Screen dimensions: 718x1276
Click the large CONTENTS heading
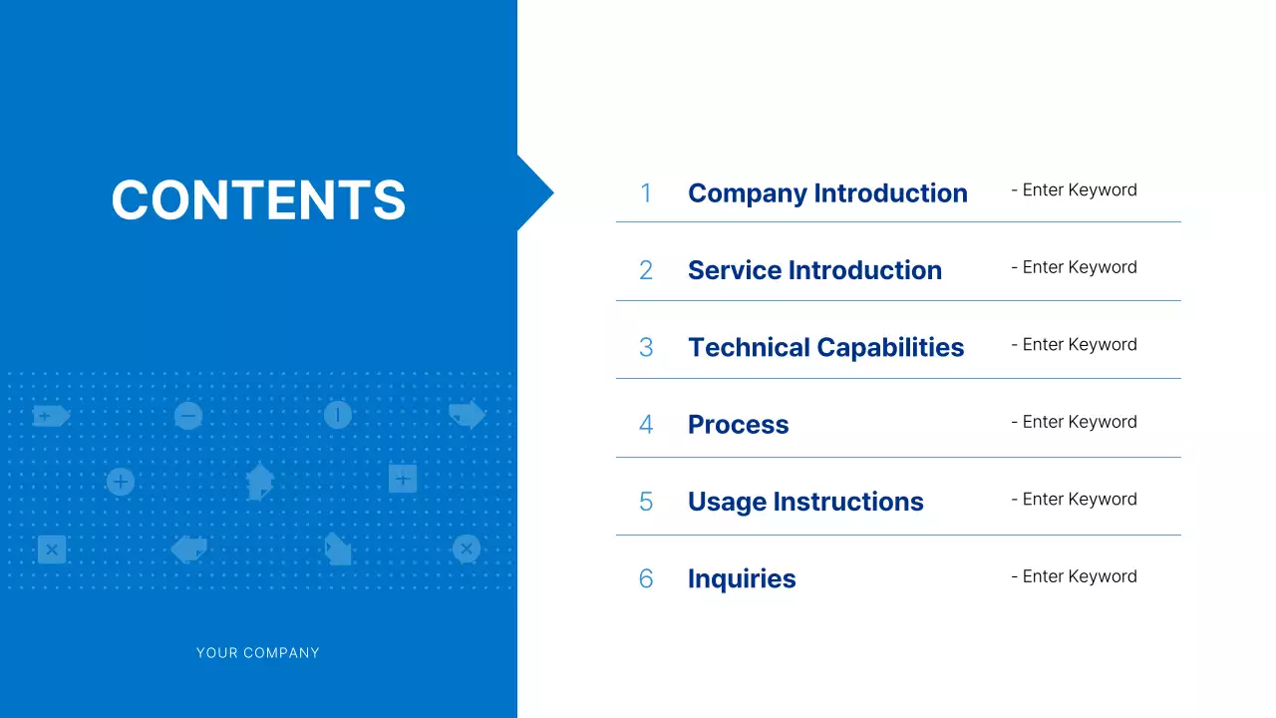point(258,199)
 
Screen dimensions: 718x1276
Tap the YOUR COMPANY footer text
point(257,653)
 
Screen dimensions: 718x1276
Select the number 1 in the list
point(646,193)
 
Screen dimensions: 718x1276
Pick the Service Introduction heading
point(814,270)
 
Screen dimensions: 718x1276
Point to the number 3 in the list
point(646,348)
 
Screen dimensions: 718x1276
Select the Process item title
point(738,425)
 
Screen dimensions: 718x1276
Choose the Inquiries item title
point(742,579)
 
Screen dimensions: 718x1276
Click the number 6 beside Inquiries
point(646,579)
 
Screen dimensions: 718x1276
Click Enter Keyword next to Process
point(1074,422)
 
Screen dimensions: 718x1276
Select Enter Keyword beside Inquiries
point(1074,576)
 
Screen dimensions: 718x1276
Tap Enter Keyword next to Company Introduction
point(1074,190)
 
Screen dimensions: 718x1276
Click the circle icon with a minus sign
point(188,416)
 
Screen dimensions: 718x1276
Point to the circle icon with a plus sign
point(121,483)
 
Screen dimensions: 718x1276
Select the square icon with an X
point(52,549)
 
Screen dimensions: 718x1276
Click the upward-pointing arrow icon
point(259,481)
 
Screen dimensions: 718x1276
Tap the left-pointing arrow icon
point(188,548)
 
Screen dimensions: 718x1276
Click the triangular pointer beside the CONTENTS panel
point(534,193)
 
